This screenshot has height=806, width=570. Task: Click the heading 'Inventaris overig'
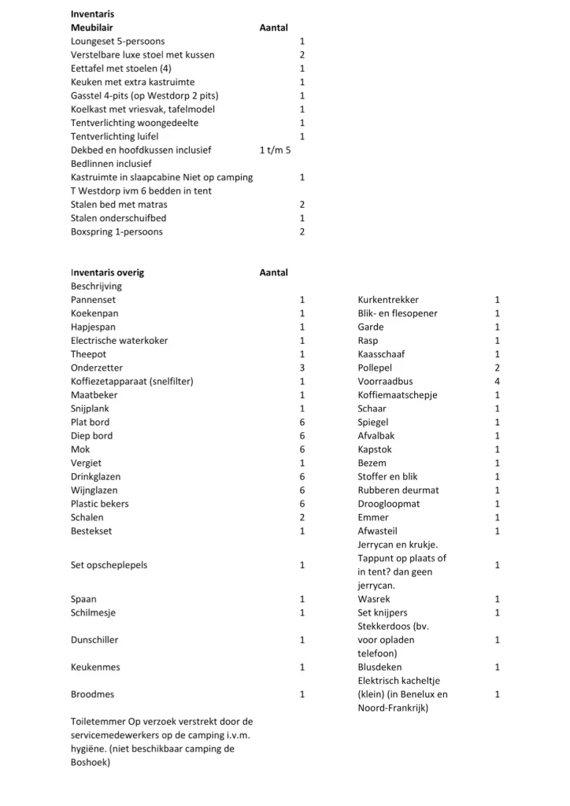click(x=107, y=272)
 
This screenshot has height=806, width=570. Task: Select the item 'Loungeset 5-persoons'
click(x=118, y=41)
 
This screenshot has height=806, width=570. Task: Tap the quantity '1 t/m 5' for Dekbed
click(x=275, y=150)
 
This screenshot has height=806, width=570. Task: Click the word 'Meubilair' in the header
click(x=92, y=28)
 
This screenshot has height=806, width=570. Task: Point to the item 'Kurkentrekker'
click(x=388, y=300)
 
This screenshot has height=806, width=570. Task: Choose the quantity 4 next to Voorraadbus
click(x=497, y=382)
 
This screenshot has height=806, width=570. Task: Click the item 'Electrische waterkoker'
click(x=119, y=341)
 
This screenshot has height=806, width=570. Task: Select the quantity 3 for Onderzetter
click(x=302, y=368)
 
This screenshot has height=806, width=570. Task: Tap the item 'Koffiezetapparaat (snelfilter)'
click(x=132, y=382)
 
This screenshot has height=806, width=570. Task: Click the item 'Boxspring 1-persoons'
click(x=117, y=231)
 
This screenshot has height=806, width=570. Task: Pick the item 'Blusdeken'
click(x=379, y=667)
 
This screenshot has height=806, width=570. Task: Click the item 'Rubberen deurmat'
click(x=398, y=490)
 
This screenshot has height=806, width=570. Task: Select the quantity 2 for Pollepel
click(x=497, y=368)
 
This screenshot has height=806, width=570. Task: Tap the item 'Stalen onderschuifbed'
click(x=118, y=218)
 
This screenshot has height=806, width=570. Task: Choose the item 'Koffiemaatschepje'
click(x=398, y=395)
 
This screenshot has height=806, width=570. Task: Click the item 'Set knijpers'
click(x=383, y=612)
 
